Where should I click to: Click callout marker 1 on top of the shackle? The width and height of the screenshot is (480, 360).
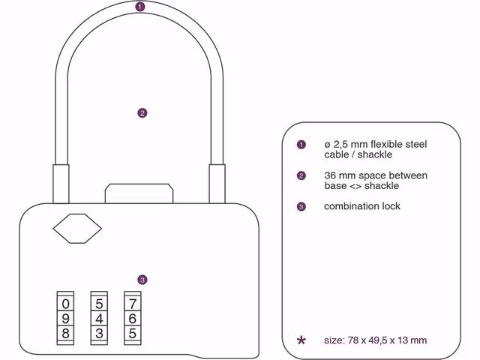(x=140, y=7)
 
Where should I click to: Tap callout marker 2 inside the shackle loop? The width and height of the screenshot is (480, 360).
(x=142, y=113)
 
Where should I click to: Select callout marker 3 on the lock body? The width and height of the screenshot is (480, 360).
(x=142, y=280)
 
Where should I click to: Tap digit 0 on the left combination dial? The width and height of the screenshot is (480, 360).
(x=66, y=304)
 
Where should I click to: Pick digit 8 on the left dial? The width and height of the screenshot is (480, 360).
(x=66, y=332)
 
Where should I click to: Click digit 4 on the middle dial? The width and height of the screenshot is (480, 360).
(x=100, y=319)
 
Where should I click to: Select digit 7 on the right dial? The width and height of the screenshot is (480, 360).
(x=133, y=304)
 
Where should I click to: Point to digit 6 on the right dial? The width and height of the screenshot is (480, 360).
(x=133, y=319)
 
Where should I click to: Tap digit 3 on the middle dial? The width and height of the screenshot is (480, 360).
(x=100, y=332)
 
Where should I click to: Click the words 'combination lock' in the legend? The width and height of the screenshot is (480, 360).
(x=362, y=206)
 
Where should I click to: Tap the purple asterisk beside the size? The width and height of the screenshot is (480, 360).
(x=301, y=340)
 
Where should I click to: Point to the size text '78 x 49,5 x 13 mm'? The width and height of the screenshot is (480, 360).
(x=388, y=340)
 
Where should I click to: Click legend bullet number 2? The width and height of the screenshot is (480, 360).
(x=301, y=175)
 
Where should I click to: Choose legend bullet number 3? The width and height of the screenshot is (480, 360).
(x=301, y=206)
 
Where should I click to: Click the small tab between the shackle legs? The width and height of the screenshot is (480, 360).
(x=141, y=192)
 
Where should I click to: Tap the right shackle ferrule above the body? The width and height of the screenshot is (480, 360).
(x=217, y=183)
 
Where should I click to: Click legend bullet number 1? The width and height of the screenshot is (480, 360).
(x=301, y=144)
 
